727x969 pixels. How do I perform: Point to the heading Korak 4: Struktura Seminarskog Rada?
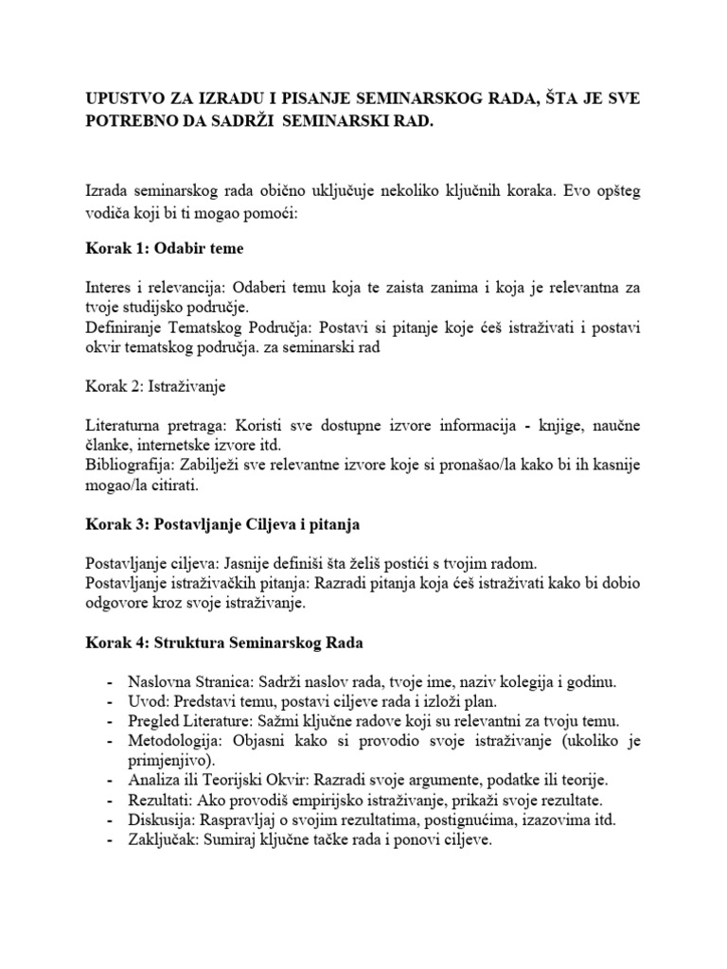pyautogui.click(x=223, y=643)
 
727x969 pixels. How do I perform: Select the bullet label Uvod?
pyautogui.click(x=146, y=702)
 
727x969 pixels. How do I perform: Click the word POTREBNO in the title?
pyautogui.click(x=129, y=122)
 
